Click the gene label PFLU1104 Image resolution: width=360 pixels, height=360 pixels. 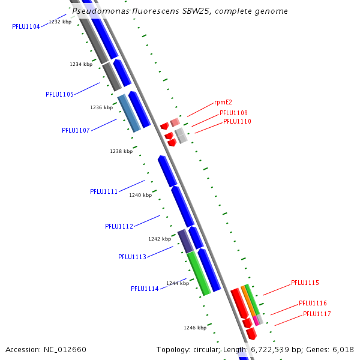pyautogui.click(x=26, y=26)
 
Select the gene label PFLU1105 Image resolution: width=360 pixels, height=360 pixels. pyautogui.click(x=59, y=94)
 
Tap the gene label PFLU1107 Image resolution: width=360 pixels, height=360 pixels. pyautogui.click(x=76, y=130)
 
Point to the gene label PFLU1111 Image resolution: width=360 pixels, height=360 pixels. pyautogui.click(x=104, y=191)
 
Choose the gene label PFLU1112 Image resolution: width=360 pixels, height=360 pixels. pyautogui.click(x=119, y=226)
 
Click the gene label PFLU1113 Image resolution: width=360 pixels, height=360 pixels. pyautogui.click(x=132, y=257)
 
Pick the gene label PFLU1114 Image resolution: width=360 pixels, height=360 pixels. pyautogui.click(x=145, y=289)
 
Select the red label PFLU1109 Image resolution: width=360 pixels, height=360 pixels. pyautogui.click(x=233, y=113)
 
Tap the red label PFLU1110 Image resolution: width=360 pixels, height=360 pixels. pyautogui.click(x=237, y=121)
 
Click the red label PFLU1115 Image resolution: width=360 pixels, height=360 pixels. pyautogui.click(x=305, y=283)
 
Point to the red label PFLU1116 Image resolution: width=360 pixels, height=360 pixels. pyautogui.click(x=313, y=303)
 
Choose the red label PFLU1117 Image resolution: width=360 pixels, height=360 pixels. pyautogui.click(x=317, y=314)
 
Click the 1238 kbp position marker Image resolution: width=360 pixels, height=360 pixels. pyautogui.click(x=121, y=151)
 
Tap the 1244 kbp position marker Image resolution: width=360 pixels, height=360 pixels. pyautogui.click(x=178, y=283)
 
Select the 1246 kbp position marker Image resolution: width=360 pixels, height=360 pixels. pyautogui.click(x=195, y=328)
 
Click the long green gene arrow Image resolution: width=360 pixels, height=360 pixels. pyautogui.click(x=198, y=273)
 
